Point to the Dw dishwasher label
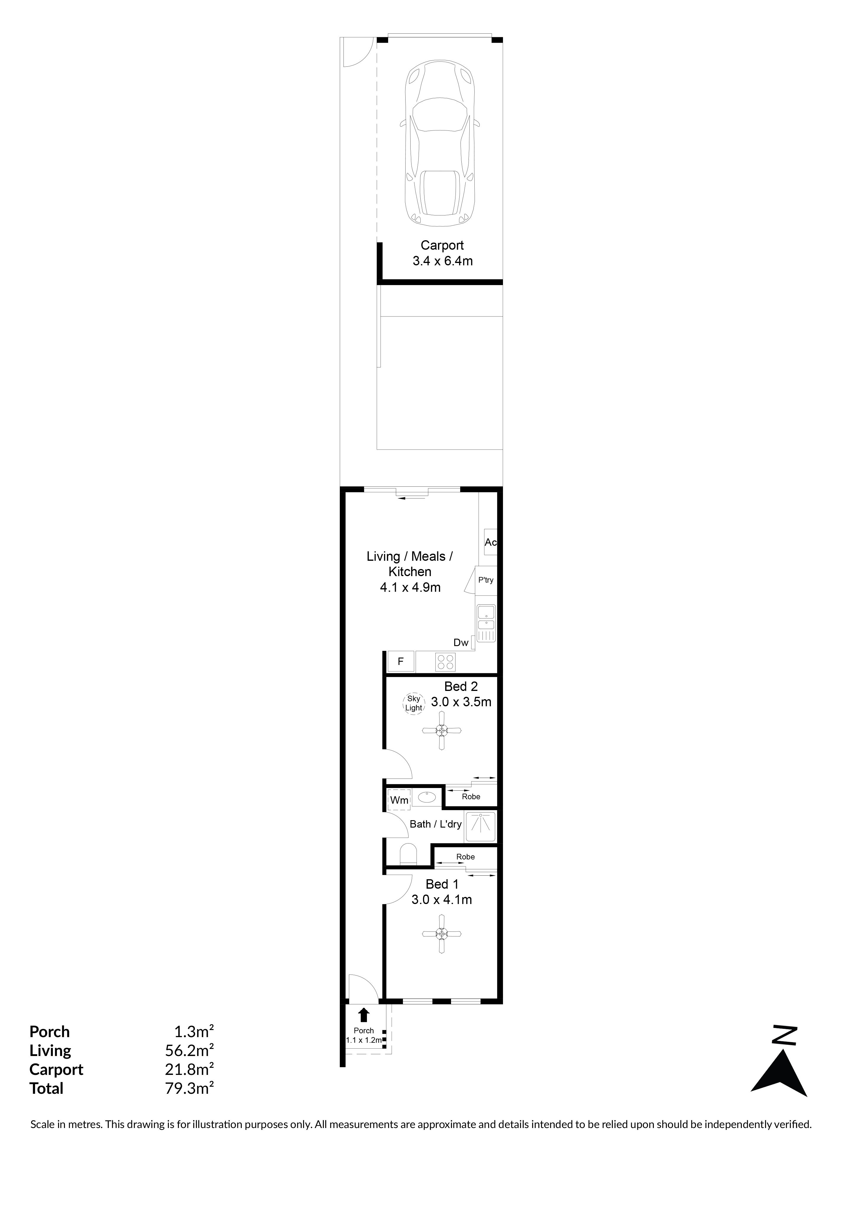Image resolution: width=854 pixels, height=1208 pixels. coord(461,643)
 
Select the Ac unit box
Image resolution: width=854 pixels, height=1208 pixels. coord(490,542)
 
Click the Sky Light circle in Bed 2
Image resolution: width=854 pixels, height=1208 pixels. coord(414,703)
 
